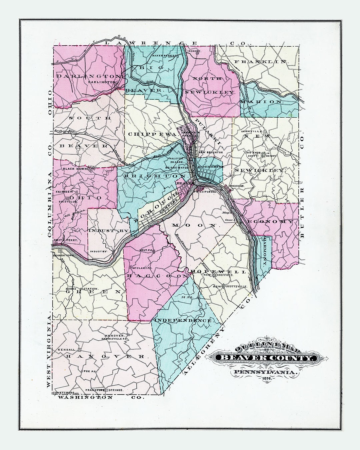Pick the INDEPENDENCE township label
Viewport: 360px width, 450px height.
click(x=183, y=320)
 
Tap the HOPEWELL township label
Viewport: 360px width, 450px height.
click(x=220, y=272)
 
